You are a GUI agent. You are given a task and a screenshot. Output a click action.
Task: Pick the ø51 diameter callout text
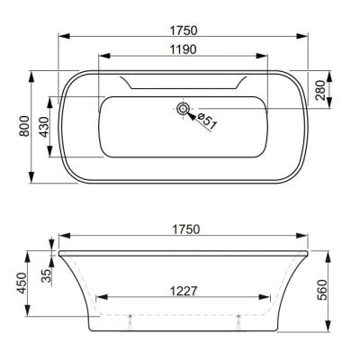pos(206,120)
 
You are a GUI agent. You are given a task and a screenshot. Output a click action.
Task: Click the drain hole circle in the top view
pos(184,110)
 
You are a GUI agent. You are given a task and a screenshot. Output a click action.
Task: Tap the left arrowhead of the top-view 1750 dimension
pos(61,38)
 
